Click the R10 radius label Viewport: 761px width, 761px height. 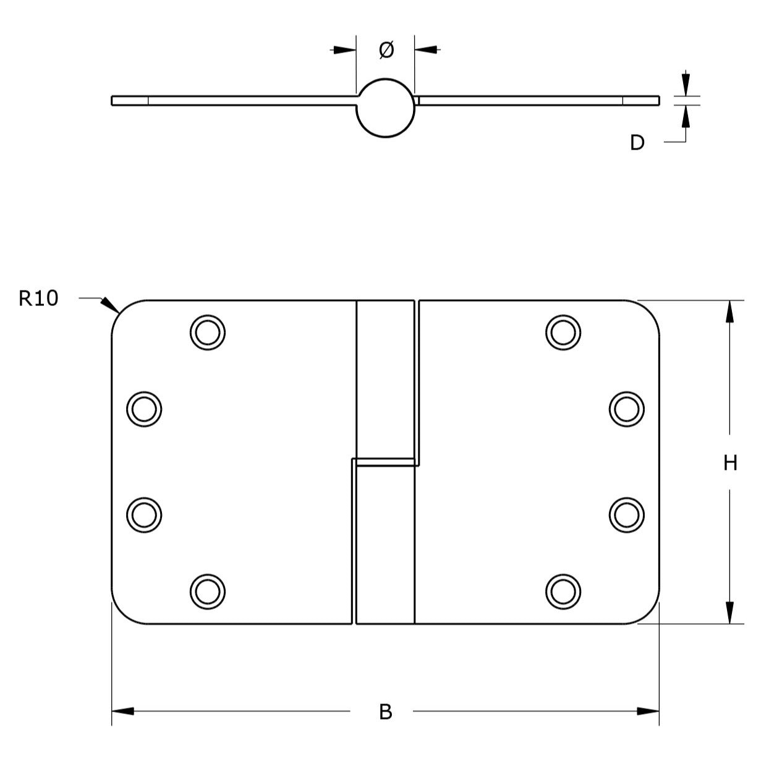click(x=38, y=299)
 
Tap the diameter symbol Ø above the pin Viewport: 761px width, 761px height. click(x=386, y=50)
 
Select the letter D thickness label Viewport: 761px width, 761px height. click(x=637, y=143)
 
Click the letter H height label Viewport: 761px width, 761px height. click(x=730, y=463)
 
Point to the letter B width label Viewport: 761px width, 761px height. click(x=385, y=712)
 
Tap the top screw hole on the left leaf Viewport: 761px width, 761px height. click(x=208, y=333)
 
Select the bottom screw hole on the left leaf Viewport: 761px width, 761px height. click(x=208, y=592)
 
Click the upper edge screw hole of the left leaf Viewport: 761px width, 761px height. click(x=144, y=409)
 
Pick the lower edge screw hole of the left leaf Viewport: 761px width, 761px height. click(x=144, y=515)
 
